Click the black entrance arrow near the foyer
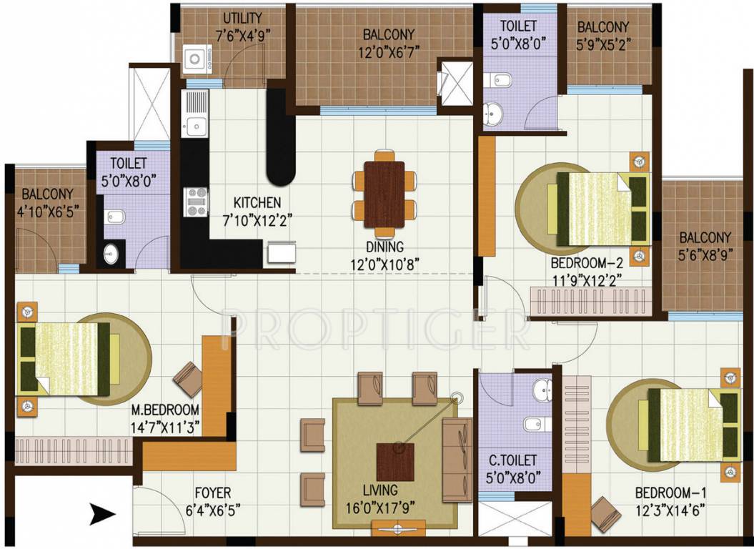pos(103,511)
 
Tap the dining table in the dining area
pos(385,194)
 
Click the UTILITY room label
pos(242,18)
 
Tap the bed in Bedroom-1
pos(691,425)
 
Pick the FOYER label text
pos(213,493)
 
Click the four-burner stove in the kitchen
pos(196,202)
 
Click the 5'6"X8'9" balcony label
pos(705,254)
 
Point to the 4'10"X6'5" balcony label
pos(47,212)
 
